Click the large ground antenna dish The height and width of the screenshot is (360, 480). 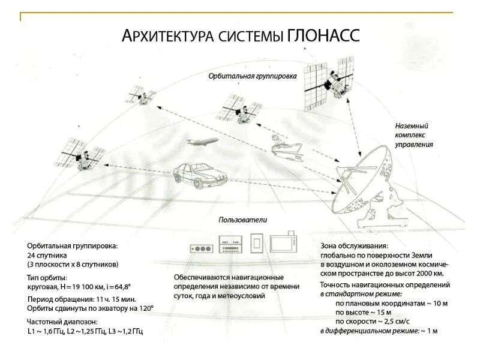coord(362,183)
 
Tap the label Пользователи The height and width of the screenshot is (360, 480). coord(242,220)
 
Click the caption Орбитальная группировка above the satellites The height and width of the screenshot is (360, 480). coord(253,77)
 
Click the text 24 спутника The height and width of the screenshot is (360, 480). coord(47,255)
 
